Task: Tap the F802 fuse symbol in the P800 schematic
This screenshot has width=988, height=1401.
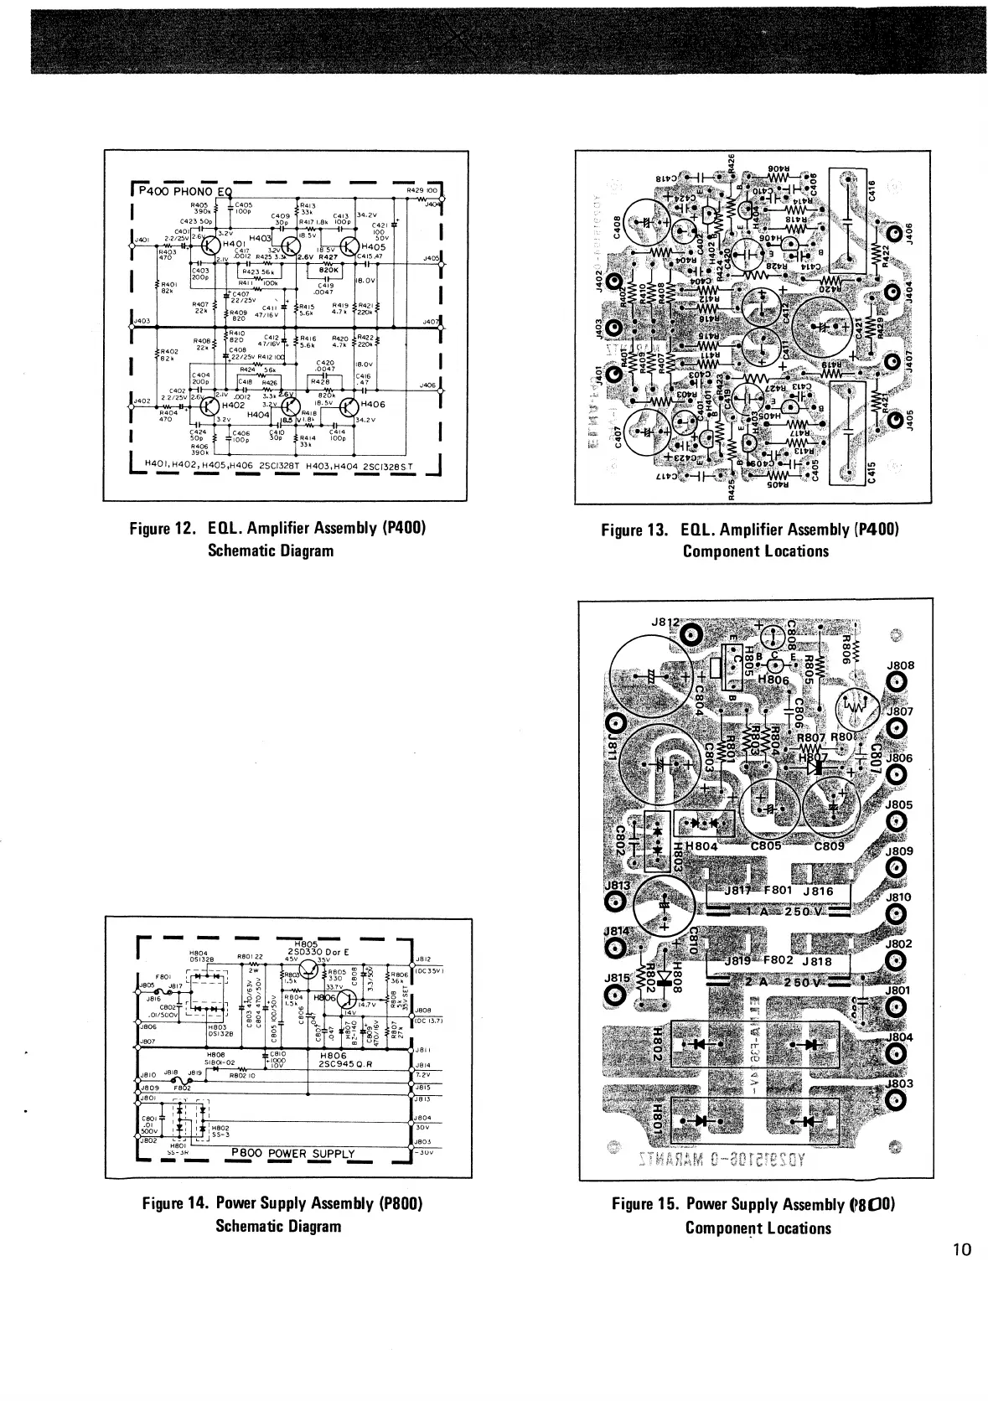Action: click(182, 1080)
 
